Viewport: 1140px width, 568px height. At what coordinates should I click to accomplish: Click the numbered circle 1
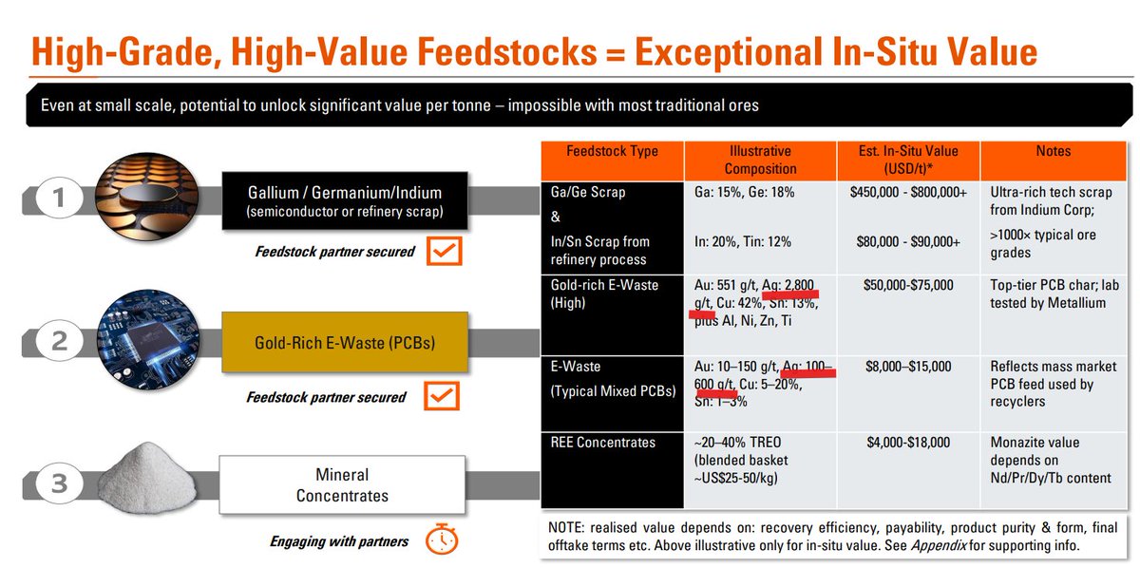pyautogui.click(x=59, y=198)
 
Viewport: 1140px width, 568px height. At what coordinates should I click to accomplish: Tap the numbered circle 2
pyautogui.click(x=59, y=340)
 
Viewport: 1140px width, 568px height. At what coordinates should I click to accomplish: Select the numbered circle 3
pyautogui.click(x=59, y=483)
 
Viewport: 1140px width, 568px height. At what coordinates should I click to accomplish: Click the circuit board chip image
pyautogui.click(x=148, y=340)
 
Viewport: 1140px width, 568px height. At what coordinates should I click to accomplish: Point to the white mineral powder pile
pyautogui.click(x=146, y=478)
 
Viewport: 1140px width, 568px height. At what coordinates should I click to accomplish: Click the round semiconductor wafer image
pyautogui.click(x=147, y=197)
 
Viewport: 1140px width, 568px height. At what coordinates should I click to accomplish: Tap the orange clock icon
pyautogui.click(x=442, y=539)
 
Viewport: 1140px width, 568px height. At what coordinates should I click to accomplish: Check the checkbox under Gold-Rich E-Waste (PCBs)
pyautogui.click(x=442, y=396)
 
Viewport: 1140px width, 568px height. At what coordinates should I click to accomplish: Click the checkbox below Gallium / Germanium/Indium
pyautogui.click(x=445, y=251)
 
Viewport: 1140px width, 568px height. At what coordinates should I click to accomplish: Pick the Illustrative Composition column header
pyautogui.click(x=760, y=161)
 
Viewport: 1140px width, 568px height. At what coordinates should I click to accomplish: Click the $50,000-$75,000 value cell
pyautogui.click(x=908, y=285)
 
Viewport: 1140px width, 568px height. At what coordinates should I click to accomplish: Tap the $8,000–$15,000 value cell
pyautogui.click(x=908, y=367)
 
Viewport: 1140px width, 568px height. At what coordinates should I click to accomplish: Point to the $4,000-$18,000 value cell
pyautogui.click(x=908, y=443)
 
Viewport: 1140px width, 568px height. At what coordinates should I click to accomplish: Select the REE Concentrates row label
pyautogui.click(x=603, y=443)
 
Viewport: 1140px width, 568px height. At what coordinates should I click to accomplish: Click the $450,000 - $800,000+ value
pyautogui.click(x=908, y=193)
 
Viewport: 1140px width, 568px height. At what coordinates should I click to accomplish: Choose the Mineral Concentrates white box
pyautogui.click(x=342, y=484)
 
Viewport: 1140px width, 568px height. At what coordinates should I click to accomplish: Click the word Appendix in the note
pyautogui.click(x=939, y=545)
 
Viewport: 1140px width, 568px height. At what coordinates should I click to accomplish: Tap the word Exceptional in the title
pyautogui.click(x=729, y=52)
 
